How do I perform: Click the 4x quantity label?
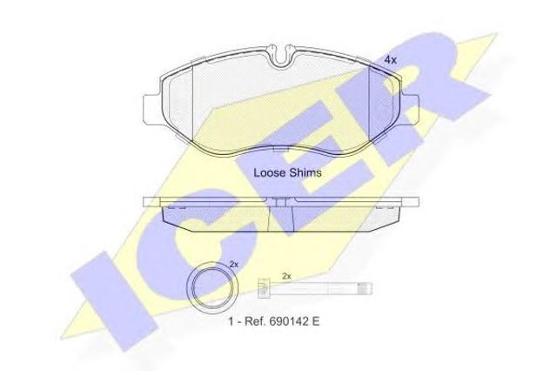click(391, 60)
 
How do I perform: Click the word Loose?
click(269, 172)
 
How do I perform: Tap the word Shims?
click(305, 172)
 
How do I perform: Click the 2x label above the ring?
click(233, 264)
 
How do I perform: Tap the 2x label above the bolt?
click(286, 275)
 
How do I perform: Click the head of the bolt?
click(265, 288)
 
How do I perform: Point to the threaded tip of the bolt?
click(366, 288)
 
